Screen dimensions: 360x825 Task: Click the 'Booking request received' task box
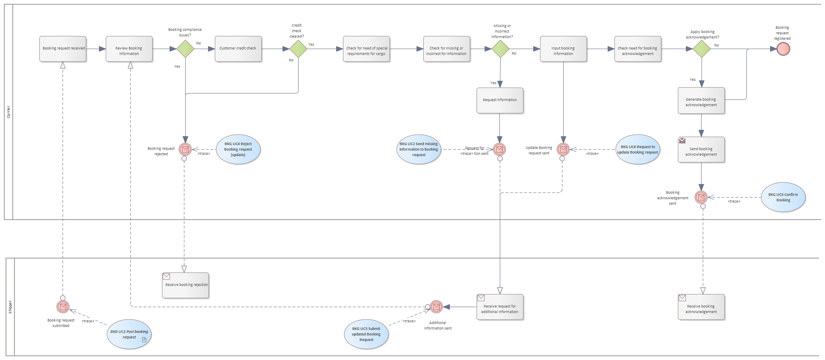pyautogui.click(x=63, y=49)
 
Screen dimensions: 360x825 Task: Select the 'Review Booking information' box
pyautogui.click(x=129, y=49)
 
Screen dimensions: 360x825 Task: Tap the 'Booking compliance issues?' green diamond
pyautogui.click(x=185, y=49)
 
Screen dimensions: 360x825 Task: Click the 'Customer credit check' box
pyautogui.click(x=238, y=49)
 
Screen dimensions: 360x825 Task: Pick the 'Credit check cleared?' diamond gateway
pyautogui.click(x=298, y=49)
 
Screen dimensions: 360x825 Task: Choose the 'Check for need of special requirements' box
pyautogui.click(x=366, y=49)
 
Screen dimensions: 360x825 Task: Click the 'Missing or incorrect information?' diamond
pyautogui.click(x=500, y=49)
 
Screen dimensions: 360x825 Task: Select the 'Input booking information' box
pyautogui.click(x=563, y=49)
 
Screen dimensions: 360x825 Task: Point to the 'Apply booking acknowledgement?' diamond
pyautogui.click(x=702, y=49)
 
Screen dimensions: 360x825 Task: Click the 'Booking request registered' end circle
pyautogui.click(x=783, y=49)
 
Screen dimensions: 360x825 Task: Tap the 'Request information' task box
pyautogui.click(x=500, y=100)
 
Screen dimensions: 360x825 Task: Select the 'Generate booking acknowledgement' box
pyautogui.click(x=701, y=101)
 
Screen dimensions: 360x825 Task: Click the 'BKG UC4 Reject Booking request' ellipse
pyautogui.click(x=238, y=149)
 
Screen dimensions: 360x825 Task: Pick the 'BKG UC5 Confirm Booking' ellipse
pyautogui.click(x=783, y=197)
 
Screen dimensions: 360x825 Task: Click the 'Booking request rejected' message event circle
pyautogui.click(x=185, y=149)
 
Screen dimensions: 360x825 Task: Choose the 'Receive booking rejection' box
pyautogui.click(x=186, y=285)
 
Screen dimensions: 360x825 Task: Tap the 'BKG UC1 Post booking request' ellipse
pyautogui.click(x=129, y=334)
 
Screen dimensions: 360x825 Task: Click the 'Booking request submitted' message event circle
pyautogui.click(x=63, y=307)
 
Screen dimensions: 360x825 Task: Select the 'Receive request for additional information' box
pyautogui.click(x=500, y=307)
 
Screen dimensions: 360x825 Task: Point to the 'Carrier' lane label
pyautogui.click(x=8, y=112)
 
